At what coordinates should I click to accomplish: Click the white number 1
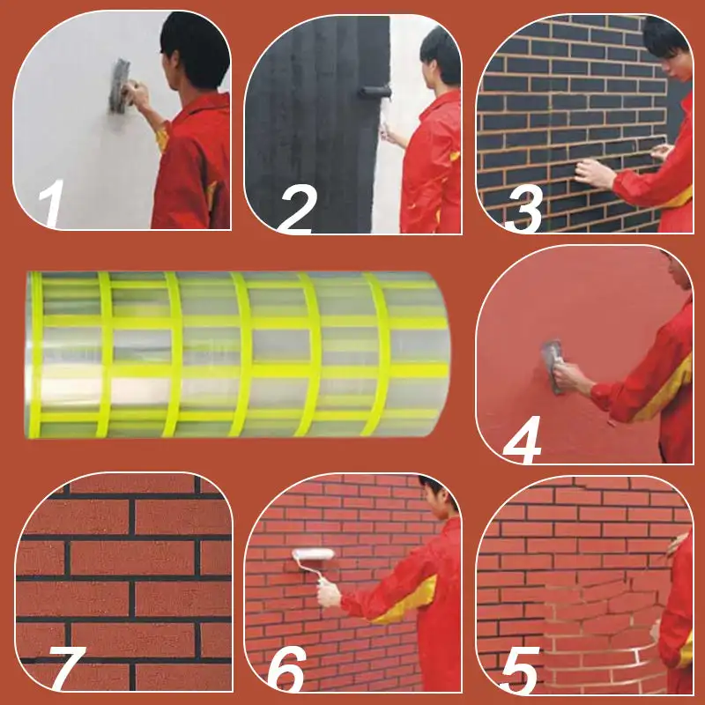(x=52, y=204)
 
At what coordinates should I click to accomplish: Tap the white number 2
(x=297, y=209)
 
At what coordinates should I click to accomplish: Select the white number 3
(x=524, y=209)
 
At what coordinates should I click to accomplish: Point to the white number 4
(x=522, y=439)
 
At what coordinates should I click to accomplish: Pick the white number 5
(x=520, y=670)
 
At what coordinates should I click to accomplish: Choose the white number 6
(x=287, y=670)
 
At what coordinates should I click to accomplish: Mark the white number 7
(x=67, y=669)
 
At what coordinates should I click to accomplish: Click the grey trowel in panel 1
(x=120, y=85)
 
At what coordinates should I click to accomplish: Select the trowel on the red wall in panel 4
(x=553, y=367)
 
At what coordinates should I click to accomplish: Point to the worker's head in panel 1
(x=195, y=50)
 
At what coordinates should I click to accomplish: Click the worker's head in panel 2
(x=442, y=56)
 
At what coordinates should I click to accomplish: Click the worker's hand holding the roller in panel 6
(x=329, y=594)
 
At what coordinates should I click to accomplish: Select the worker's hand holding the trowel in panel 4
(x=568, y=376)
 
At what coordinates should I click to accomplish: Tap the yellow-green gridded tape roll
(x=238, y=354)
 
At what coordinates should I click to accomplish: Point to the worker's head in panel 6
(x=438, y=497)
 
